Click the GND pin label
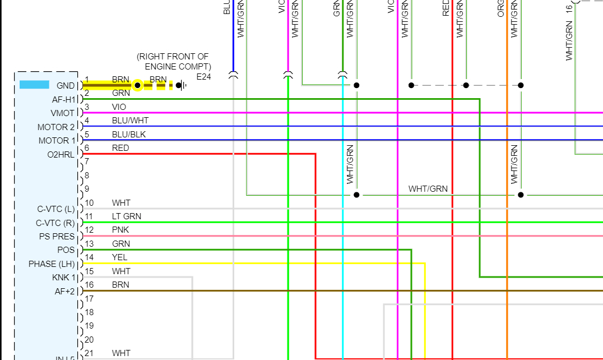coord(66,86)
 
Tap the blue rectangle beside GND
coord(34,85)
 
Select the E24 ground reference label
coord(203,77)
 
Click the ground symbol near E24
coord(181,85)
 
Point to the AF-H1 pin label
coord(64,99)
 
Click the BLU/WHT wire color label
coord(130,121)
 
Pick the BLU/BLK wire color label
coord(129,135)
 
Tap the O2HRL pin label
coord(61,154)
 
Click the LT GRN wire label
coord(127,216)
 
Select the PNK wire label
coord(120,230)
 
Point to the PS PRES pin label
coord(57,237)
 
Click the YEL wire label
coord(119,257)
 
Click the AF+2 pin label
coord(64,292)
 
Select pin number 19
coord(89,326)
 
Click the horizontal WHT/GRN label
coord(428,189)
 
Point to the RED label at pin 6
coord(120,148)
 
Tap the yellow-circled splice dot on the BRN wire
coord(137,85)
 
